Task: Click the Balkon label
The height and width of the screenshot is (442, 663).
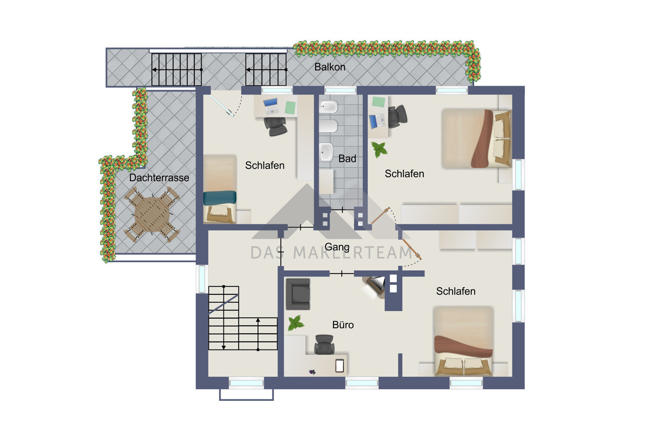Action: point(330,67)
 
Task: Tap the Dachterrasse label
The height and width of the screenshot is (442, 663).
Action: point(159,178)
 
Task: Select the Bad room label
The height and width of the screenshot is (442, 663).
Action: point(347,159)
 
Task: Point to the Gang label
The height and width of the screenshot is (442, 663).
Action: point(337,246)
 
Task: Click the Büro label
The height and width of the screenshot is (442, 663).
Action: point(343,325)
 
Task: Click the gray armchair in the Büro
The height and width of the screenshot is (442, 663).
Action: point(298,294)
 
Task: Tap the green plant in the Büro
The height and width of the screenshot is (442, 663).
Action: point(296,323)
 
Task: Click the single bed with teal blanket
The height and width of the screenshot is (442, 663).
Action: point(220,189)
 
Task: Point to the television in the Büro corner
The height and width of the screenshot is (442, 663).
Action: point(375,285)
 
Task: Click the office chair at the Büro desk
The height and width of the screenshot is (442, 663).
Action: point(325,344)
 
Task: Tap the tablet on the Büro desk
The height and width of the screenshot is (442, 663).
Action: point(339,366)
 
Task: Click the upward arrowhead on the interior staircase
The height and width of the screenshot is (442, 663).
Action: point(258,320)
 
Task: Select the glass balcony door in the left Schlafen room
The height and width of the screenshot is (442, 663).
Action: point(221,105)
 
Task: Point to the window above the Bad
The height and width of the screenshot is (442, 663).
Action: point(340,90)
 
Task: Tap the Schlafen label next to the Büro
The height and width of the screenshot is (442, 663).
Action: point(456,291)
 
